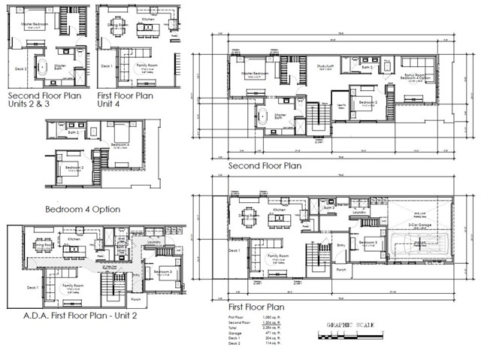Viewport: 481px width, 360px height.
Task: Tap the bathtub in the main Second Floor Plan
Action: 263,116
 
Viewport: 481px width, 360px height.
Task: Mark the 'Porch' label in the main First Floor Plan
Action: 341,269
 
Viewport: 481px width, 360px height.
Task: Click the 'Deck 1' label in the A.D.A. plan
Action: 32,287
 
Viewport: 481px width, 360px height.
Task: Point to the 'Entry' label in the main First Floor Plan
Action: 340,244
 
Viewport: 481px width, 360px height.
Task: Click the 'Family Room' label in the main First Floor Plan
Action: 279,256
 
